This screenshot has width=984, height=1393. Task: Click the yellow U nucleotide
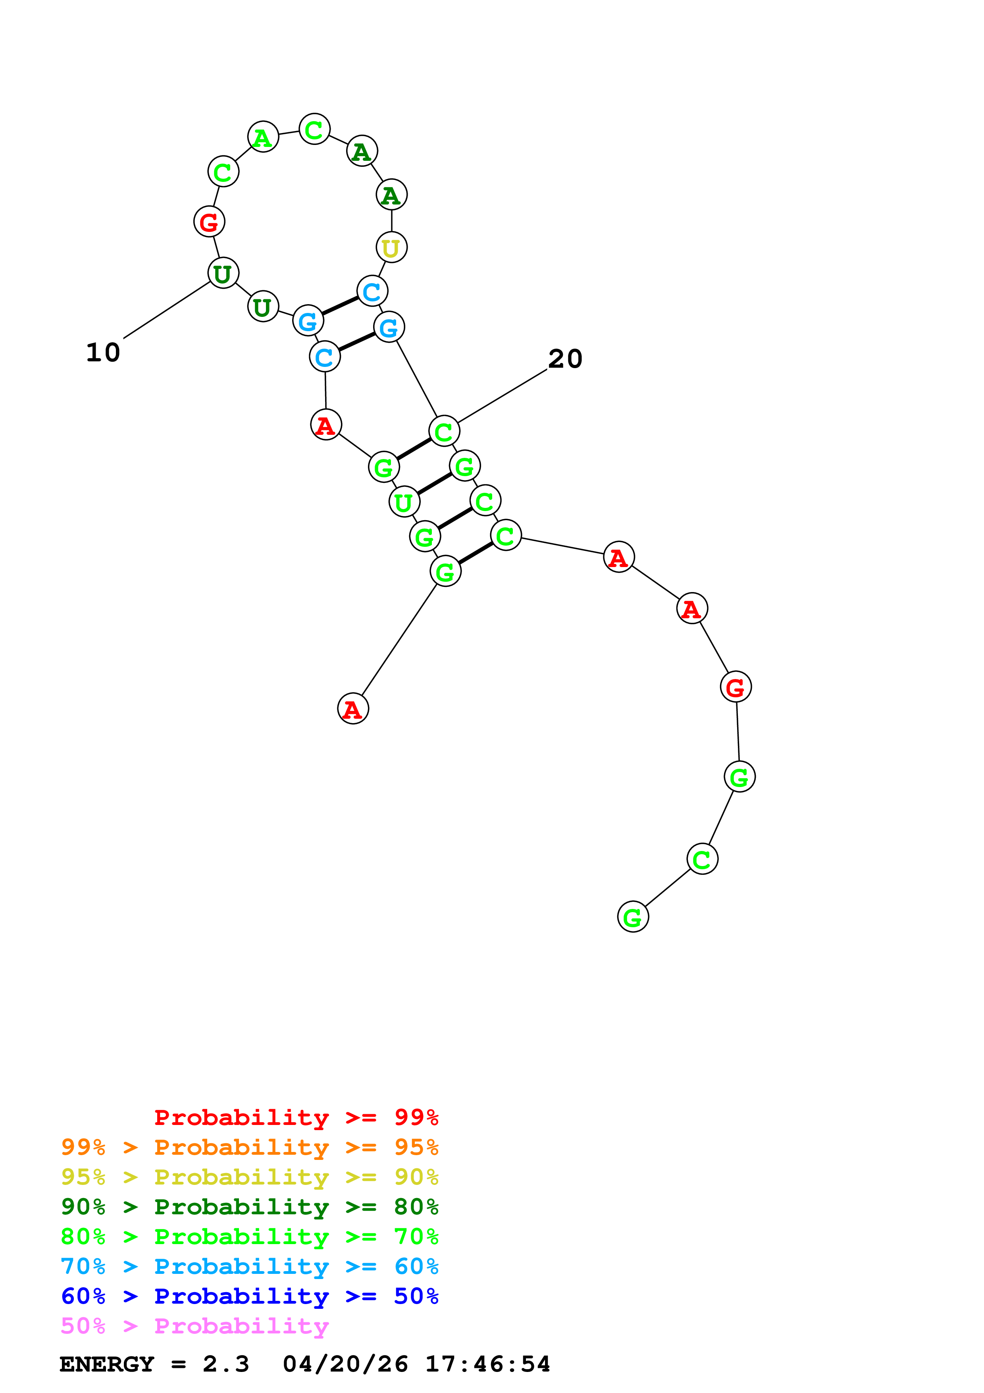tap(391, 247)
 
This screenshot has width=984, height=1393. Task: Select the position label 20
tap(565, 359)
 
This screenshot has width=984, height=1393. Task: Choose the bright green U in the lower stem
tap(404, 502)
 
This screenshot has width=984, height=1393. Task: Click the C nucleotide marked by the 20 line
tap(444, 431)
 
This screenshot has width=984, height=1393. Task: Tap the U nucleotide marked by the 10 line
tap(223, 273)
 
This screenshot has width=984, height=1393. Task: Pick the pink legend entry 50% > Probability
tap(194, 1326)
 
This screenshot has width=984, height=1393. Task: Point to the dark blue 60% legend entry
tap(249, 1296)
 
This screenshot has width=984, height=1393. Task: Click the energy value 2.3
tap(225, 1364)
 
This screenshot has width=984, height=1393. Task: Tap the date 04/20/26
tap(345, 1364)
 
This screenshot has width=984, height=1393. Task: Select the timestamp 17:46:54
tap(487, 1364)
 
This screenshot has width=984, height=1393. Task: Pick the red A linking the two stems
tap(325, 425)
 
